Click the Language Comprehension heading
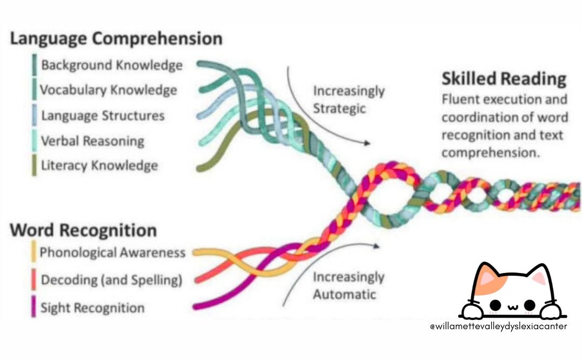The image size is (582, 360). tap(116, 39)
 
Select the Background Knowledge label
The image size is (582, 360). tap(112, 65)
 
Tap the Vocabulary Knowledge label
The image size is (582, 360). tap(108, 90)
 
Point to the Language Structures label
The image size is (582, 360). tap(103, 116)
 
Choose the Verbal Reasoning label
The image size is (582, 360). tap(92, 142)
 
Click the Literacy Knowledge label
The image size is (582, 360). tap(99, 166)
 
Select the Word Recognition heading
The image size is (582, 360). tap(83, 230)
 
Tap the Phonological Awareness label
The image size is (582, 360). tap(112, 252)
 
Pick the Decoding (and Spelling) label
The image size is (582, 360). tap(111, 281)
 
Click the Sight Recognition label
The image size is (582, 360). tap(93, 308)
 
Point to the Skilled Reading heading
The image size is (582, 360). tap(504, 79)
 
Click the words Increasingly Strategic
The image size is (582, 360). tap(349, 99)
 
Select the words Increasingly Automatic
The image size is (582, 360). tap(349, 286)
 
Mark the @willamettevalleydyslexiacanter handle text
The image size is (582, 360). tap(498, 327)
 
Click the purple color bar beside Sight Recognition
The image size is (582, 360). tap(34, 308)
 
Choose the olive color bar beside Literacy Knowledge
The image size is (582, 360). tap(34, 165)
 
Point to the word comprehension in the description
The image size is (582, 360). tap(491, 153)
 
